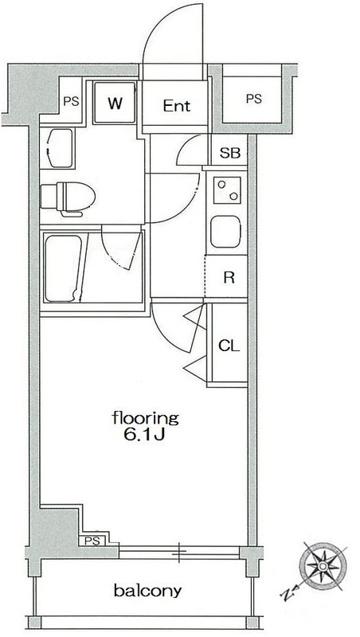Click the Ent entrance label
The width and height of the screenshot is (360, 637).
point(177,106)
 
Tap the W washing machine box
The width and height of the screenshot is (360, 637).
point(115,103)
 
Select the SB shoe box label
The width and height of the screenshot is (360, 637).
point(230,153)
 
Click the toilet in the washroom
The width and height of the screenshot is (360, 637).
point(68,198)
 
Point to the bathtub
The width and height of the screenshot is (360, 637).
point(63,268)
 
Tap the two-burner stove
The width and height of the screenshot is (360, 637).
point(227,190)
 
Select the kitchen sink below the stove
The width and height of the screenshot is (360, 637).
point(225,232)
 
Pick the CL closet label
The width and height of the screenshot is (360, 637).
point(229,346)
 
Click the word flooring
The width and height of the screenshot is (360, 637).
point(146,419)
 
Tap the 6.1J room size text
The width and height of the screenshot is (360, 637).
point(144,435)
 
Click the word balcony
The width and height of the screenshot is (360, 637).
point(147,591)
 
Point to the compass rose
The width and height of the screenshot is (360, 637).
point(323,566)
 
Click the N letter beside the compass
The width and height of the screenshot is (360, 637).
point(287,595)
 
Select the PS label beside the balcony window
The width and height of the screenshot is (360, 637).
point(92,541)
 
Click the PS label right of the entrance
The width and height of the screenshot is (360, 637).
point(254,99)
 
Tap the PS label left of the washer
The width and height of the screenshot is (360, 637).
point(71,101)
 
